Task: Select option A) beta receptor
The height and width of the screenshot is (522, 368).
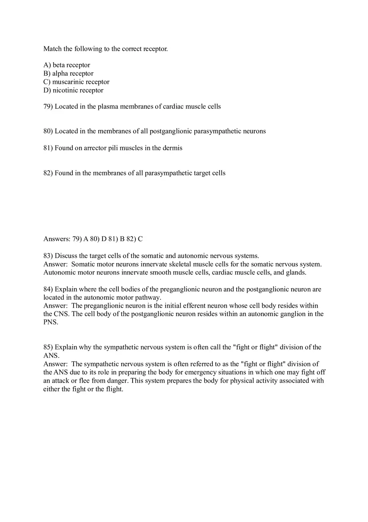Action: point(66,65)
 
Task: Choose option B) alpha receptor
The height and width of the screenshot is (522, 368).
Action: point(68,74)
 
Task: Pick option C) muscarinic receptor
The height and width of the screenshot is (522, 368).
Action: point(76,82)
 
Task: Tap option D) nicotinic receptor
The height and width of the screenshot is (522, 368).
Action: point(73,90)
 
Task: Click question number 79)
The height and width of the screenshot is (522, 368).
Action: point(48,107)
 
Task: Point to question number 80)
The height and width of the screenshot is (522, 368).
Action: point(48,131)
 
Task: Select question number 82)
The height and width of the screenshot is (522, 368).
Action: point(48,173)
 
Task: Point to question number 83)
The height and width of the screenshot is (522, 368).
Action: point(48,256)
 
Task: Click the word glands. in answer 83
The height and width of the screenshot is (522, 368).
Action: point(296,273)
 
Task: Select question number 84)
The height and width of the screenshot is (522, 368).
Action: point(48,289)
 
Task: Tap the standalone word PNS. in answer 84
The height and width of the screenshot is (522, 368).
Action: point(51,323)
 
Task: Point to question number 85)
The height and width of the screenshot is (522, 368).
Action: point(48,347)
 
